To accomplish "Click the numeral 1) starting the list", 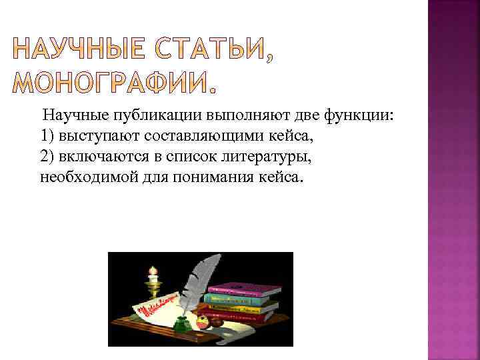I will (47, 137).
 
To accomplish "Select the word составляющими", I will (193, 137).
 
